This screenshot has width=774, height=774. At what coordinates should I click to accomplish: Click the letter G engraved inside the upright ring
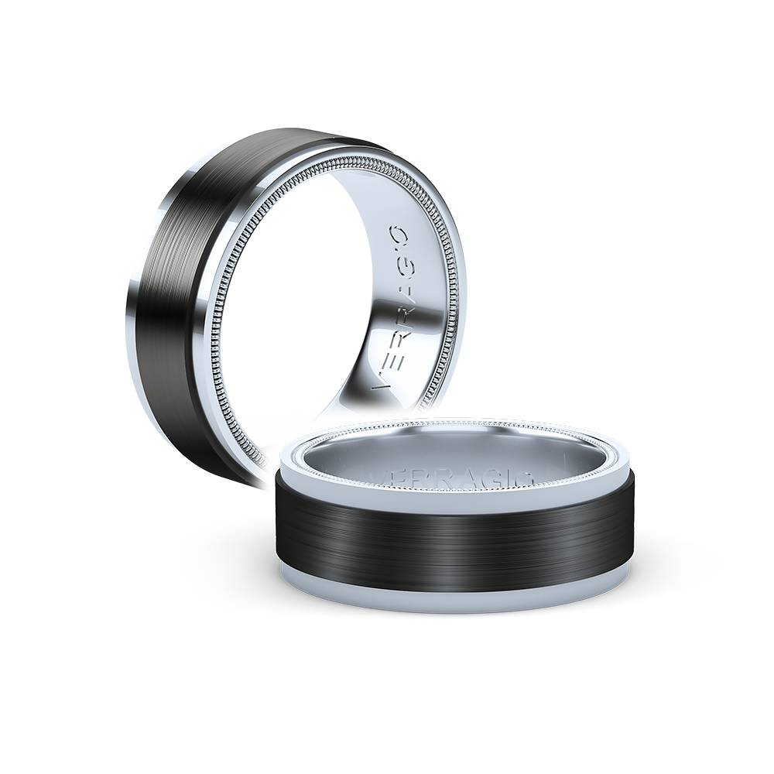[x=408, y=258]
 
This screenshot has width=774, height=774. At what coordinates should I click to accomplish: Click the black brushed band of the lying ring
[x=457, y=542]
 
